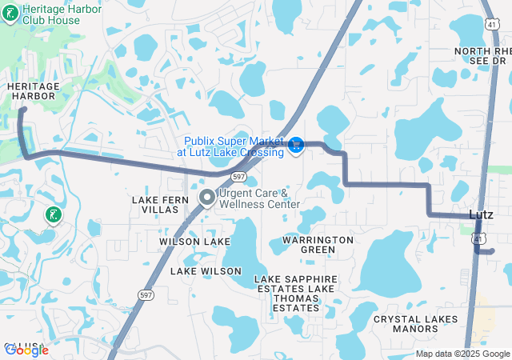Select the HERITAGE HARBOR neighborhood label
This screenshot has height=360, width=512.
pyautogui.click(x=31, y=90)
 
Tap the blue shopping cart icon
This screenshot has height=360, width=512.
pyautogui.click(x=295, y=144)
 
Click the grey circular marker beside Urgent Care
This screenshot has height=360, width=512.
pyautogui.click(x=206, y=197)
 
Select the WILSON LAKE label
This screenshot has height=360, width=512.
pyautogui.click(x=194, y=241)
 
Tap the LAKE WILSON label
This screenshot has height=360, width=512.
pyautogui.click(x=206, y=271)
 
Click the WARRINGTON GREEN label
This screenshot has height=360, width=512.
pyautogui.click(x=318, y=244)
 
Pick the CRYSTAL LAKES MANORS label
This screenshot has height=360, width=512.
pyautogui.click(x=416, y=323)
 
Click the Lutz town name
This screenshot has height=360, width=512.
pyautogui.click(x=480, y=214)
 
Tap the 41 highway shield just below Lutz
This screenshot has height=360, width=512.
pyautogui.click(x=478, y=238)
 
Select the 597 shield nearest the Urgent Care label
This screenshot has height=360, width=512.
pyautogui.click(x=238, y=176)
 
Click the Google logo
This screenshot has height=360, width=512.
pyautogui.click(x=27, y=350)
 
